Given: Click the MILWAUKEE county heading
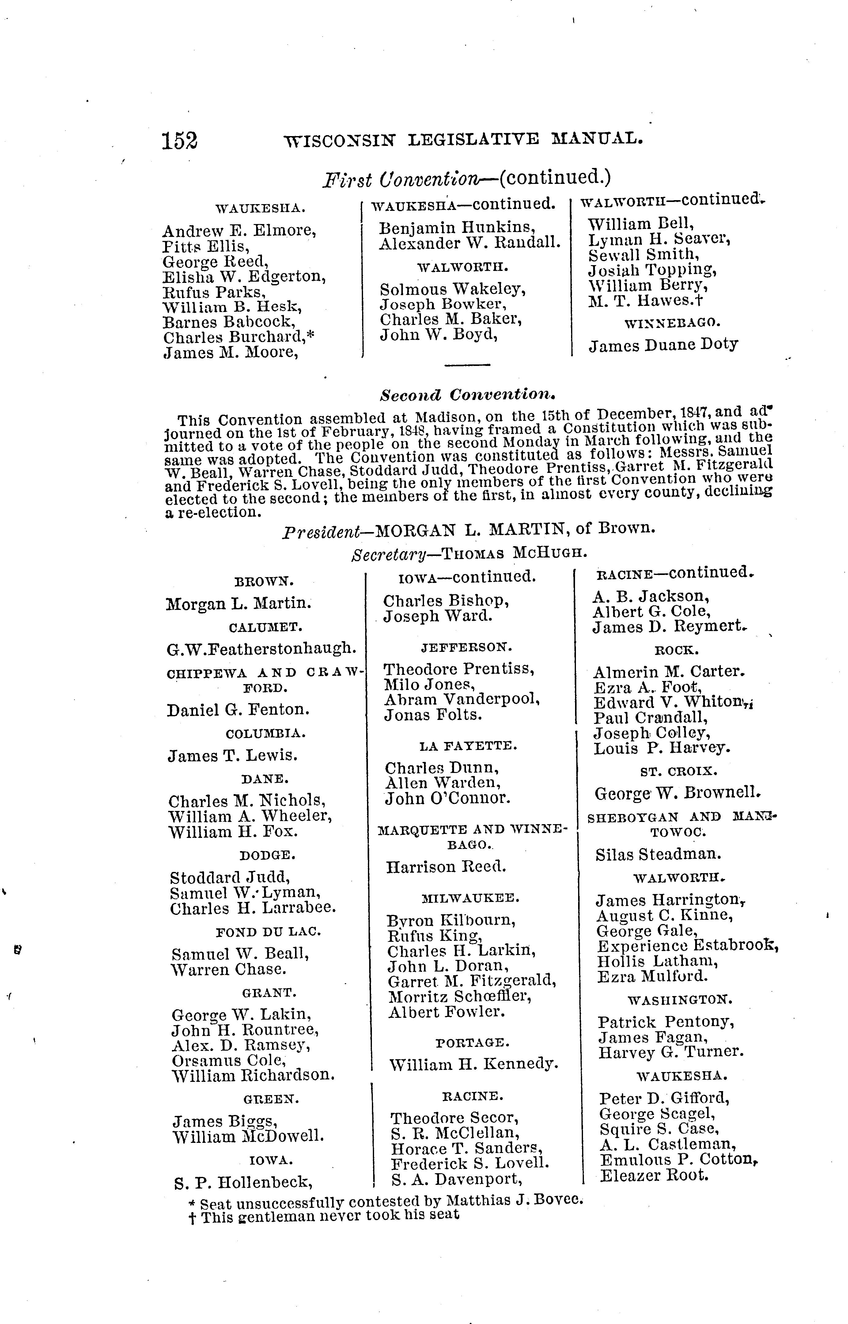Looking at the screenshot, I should tap(470, 898).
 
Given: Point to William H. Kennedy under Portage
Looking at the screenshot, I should tap(474, 1063).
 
